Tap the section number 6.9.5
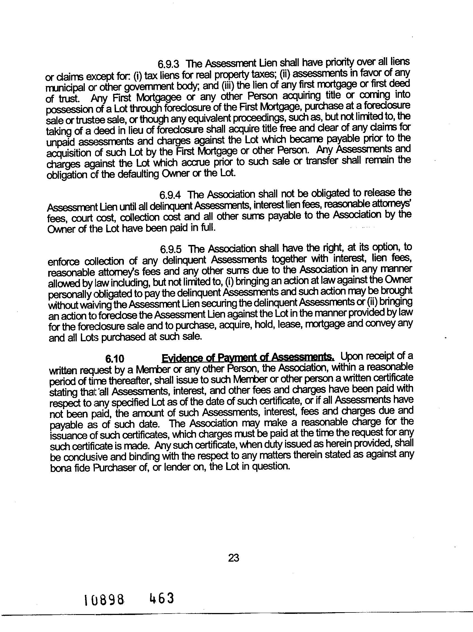[x=171, y=249]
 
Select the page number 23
[x=234, y=558]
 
